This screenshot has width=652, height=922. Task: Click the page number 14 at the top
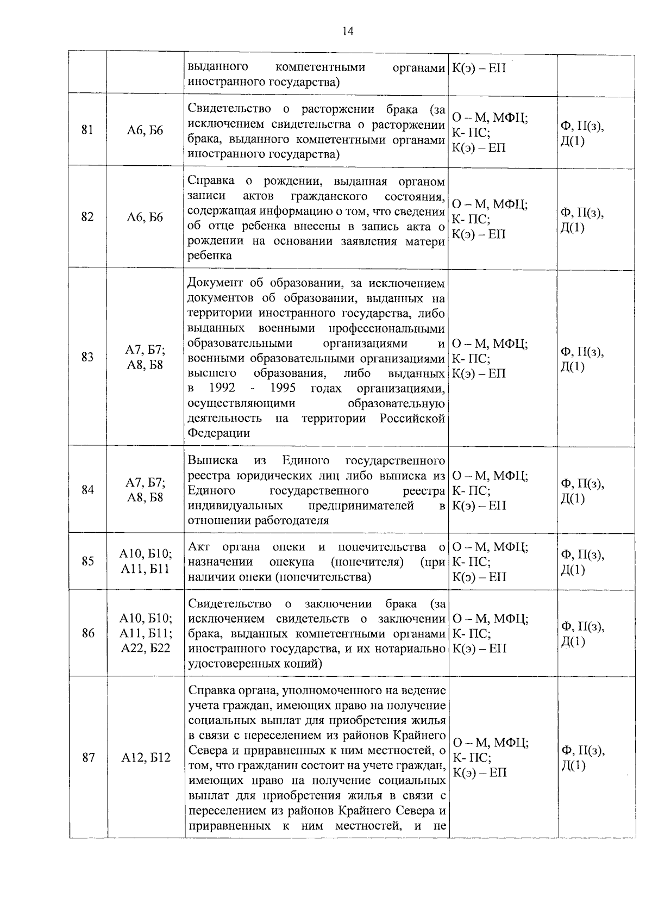coord(348,32)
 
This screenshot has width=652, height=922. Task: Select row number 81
coord(87,130)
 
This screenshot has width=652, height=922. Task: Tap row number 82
coord(87,217)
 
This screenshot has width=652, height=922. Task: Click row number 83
coord(87,357)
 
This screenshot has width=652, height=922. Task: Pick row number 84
coord(87,490)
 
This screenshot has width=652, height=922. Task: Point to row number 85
coord(87,561)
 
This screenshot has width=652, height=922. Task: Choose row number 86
coord(87,633)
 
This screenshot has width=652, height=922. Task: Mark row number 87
coord(87,757)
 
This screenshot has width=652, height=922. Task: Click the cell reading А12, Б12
coord(146,757)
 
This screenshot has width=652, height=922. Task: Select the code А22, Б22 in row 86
coord(146,648)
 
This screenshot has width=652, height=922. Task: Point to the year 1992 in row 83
coord(222,388)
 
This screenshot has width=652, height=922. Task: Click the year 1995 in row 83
coord(282,388)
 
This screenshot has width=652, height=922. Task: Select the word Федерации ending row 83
coord(219,433)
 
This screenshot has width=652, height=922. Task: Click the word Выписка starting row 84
coord(212,460)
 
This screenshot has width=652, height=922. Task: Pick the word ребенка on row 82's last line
coord(210,256)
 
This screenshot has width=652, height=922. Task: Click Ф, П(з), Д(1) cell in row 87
coord(582,757)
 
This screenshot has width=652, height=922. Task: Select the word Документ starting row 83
coord(215,283)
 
